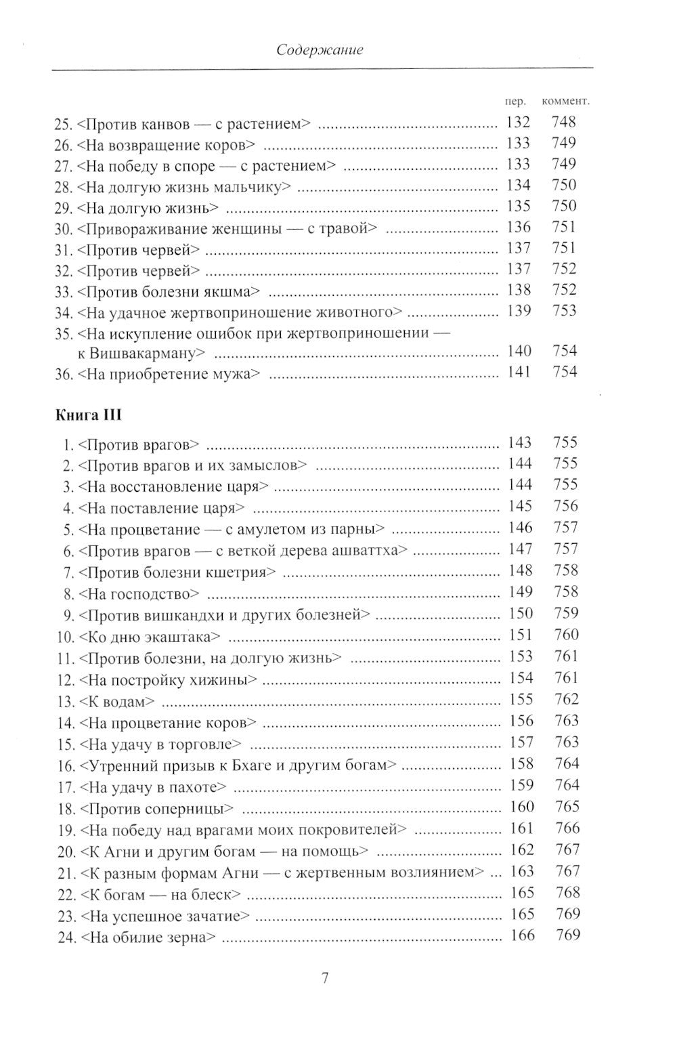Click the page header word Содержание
point(320,50)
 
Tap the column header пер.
point(516,101)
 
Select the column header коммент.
point(566,101)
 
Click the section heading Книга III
point(87,415)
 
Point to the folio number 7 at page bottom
point(324,979)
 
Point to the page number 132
point(518,123)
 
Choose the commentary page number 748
point(564,123)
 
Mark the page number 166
point(521,936)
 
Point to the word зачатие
point(213,916)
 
